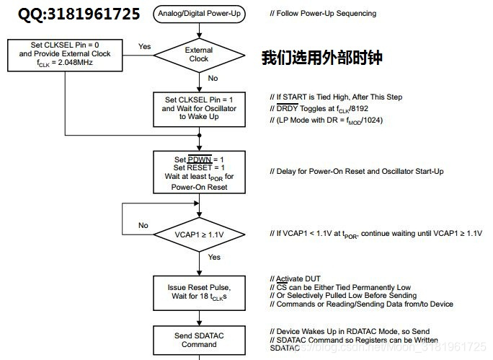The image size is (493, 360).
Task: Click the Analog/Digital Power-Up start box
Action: click(x=198, y=13)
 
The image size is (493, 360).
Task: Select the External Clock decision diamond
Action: click(x=198, y=54)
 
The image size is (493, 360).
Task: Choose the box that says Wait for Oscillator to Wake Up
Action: click(x=198, y=107)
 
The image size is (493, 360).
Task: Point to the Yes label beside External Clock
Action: click(x=145, y=46)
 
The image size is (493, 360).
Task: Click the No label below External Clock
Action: click(x=213, y=78)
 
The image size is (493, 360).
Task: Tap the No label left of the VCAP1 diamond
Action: click(x=143, y=225)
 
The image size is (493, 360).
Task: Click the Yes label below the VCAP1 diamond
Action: click(x=214, y=257)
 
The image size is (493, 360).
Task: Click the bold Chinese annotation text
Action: click(x=321, y=58)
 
